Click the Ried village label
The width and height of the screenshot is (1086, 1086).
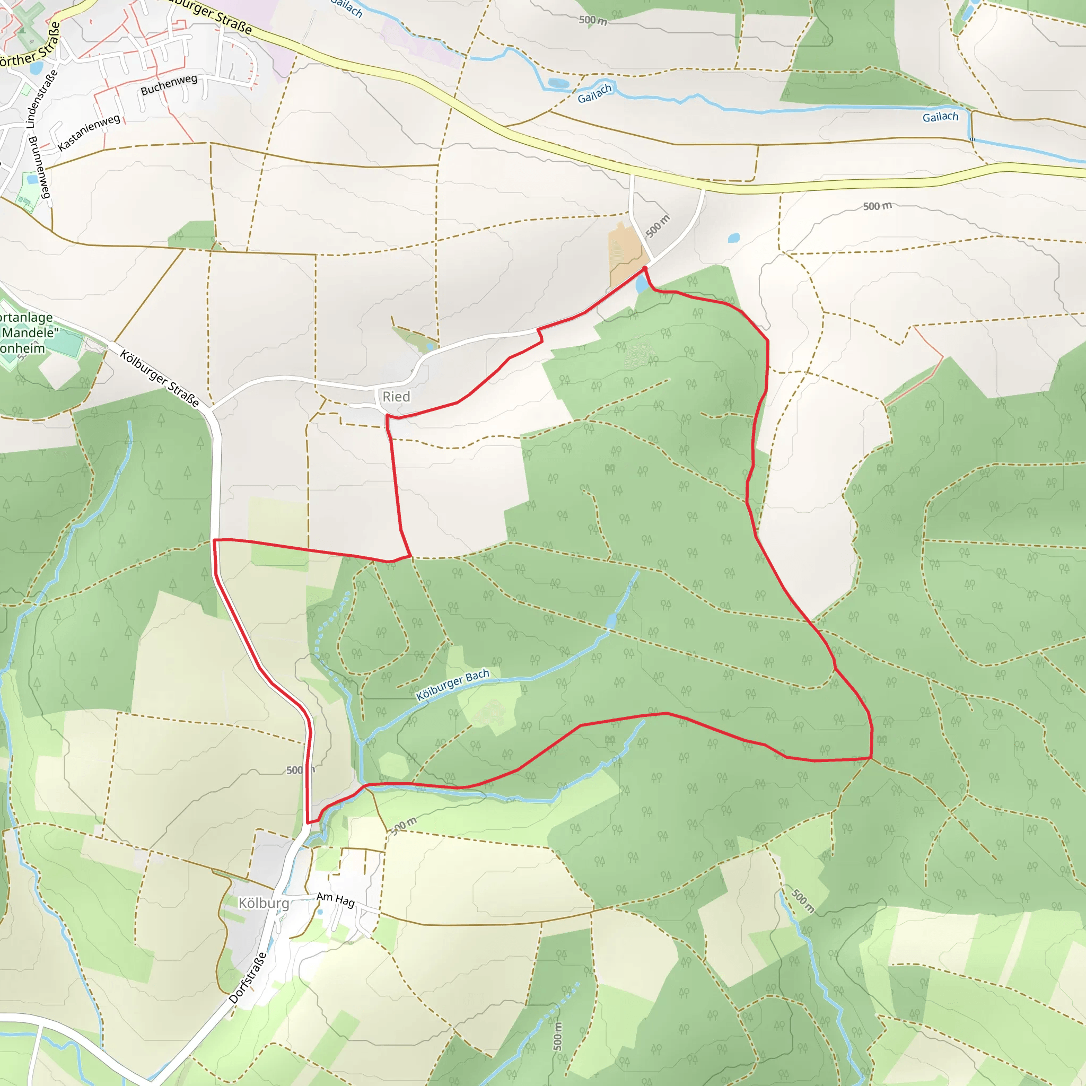tap(396, 397)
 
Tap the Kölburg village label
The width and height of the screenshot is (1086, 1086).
tap(264, 903)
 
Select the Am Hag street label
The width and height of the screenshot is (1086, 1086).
tap(336, 899)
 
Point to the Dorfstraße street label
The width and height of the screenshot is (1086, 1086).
tap(247, 978)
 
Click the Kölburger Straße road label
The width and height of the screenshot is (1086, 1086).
tap(160, 379)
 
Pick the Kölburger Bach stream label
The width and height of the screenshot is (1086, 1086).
tap(452, 685)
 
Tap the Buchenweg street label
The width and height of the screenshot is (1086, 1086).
tap(169, 85)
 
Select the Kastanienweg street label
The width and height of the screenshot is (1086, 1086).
tap(89, 132)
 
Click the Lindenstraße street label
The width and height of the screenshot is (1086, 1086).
tap(42, 99)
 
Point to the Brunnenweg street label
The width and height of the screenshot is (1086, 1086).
tap(40, 167)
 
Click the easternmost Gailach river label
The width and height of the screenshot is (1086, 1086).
tap(940, 117)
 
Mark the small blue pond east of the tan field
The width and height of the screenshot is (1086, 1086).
tap(733, 238)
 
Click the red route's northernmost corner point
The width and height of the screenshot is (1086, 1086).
tap(645, 268)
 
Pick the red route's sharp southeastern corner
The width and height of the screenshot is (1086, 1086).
tap(871, 758)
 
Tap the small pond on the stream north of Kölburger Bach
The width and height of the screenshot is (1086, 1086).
tap(611, 620)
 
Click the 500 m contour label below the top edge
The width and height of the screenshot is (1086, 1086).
tap(593, 21)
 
